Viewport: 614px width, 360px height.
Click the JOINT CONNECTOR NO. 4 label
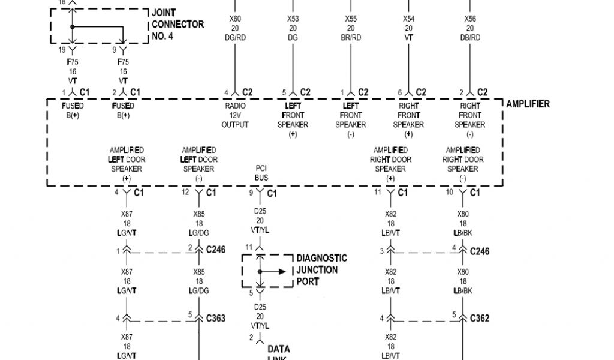coord(177,25)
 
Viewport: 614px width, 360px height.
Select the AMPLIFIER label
coord(528,104)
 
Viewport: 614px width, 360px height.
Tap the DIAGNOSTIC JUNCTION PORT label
coord(321,270)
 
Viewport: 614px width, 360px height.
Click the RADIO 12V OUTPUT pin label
coord(235,115)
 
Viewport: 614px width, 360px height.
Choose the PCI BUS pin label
coord(261,174)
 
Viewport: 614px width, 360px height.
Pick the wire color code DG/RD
coord(235,38)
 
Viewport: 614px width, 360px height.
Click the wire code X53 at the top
coord(293,19)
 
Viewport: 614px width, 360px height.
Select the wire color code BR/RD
coord(351,38)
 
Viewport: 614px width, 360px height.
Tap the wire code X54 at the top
coord(408,19)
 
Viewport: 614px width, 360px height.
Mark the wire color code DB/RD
coord(469,38)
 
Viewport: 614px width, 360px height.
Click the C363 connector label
coord(216,318)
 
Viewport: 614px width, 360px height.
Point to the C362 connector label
coord(480,318)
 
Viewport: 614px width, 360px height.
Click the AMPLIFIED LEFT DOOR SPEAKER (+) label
coord(127,164)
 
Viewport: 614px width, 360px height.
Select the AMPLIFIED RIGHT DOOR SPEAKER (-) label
coord(463,164)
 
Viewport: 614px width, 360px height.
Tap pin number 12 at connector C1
coord(185,192)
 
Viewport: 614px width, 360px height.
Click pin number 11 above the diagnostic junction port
coord(248,247)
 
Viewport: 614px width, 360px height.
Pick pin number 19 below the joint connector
coord(61,50)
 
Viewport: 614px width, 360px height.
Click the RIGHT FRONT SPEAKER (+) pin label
coord(408,120)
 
